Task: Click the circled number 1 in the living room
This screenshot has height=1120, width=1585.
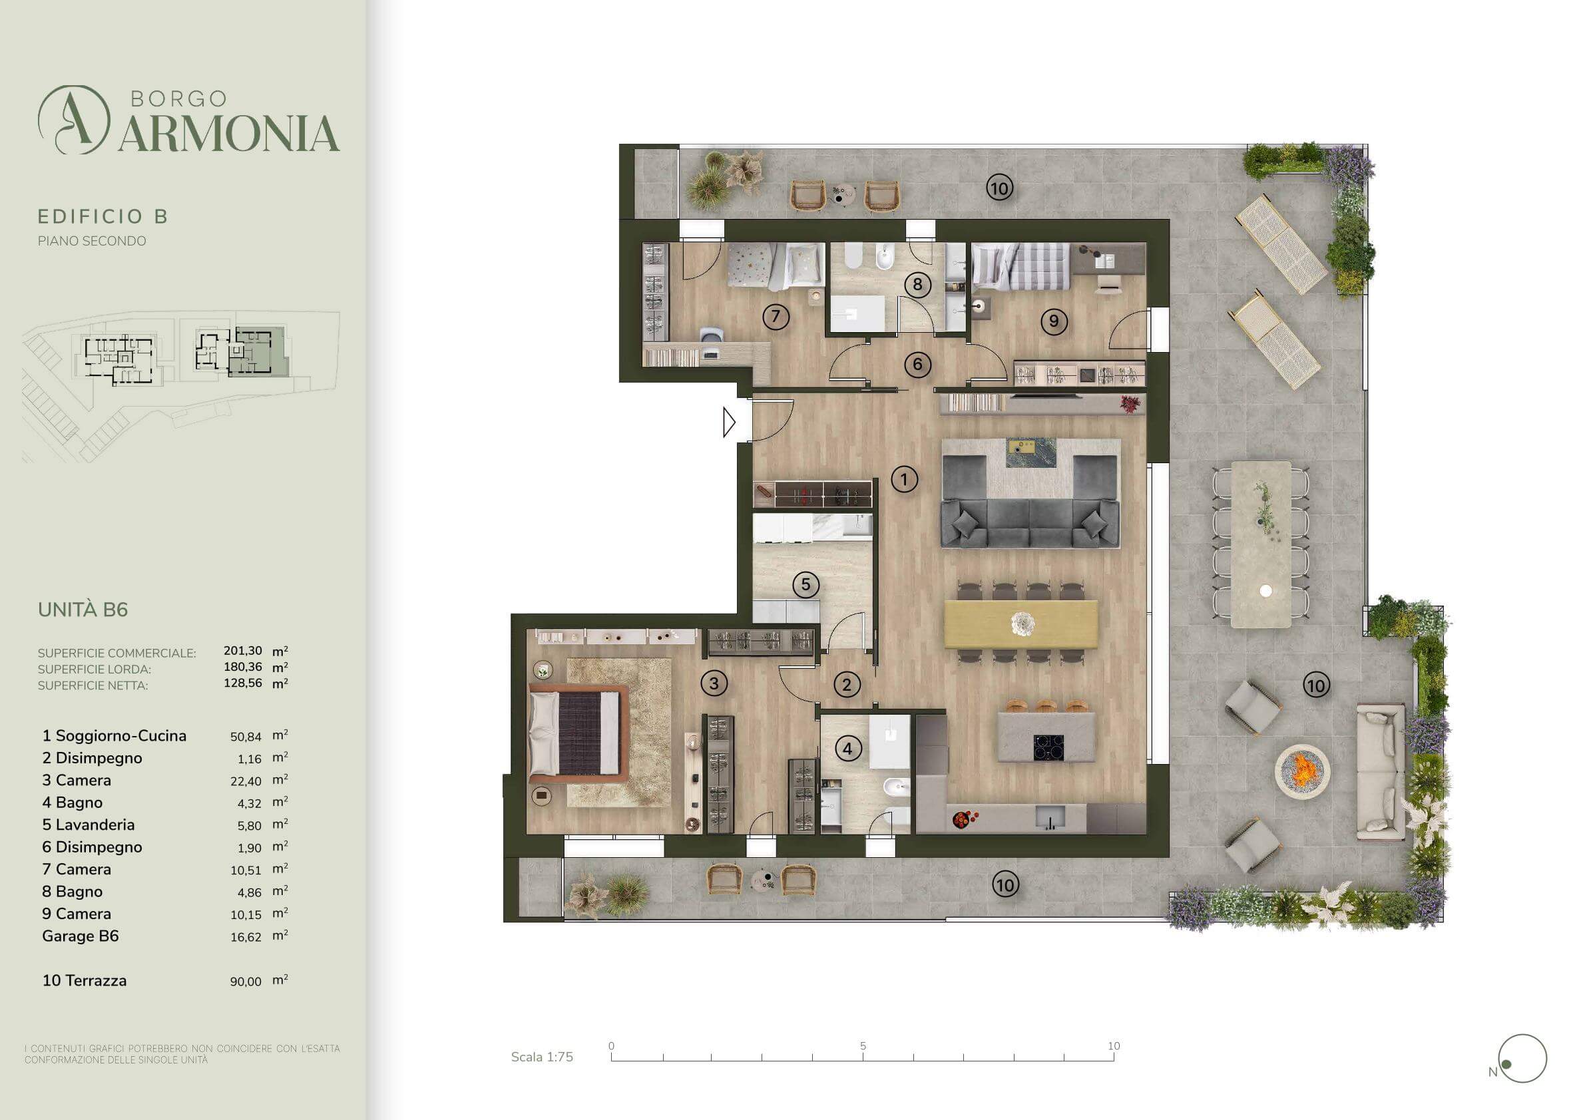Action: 904,479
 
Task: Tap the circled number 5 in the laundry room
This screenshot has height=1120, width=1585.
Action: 805,585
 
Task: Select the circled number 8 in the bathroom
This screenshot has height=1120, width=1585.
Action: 917,284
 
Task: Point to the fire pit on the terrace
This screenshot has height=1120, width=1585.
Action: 1302,770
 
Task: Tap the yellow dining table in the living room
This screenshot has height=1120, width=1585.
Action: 1021,624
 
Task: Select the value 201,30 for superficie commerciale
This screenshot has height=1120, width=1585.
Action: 243,651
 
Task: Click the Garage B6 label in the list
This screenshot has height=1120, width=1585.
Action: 80,936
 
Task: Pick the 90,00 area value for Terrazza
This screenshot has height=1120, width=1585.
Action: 246,982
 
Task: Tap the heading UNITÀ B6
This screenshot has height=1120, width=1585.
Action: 83,610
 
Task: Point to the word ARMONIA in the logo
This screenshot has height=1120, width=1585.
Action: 229,133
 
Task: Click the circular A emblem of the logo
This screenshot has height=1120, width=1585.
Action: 74,119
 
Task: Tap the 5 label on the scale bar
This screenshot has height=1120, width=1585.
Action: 863,1045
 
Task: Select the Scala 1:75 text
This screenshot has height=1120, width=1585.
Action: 542,1057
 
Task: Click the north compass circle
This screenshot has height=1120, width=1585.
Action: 1522,1059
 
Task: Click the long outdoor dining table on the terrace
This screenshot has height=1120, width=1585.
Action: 1261,544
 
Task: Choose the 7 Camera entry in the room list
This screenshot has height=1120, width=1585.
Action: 77,869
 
